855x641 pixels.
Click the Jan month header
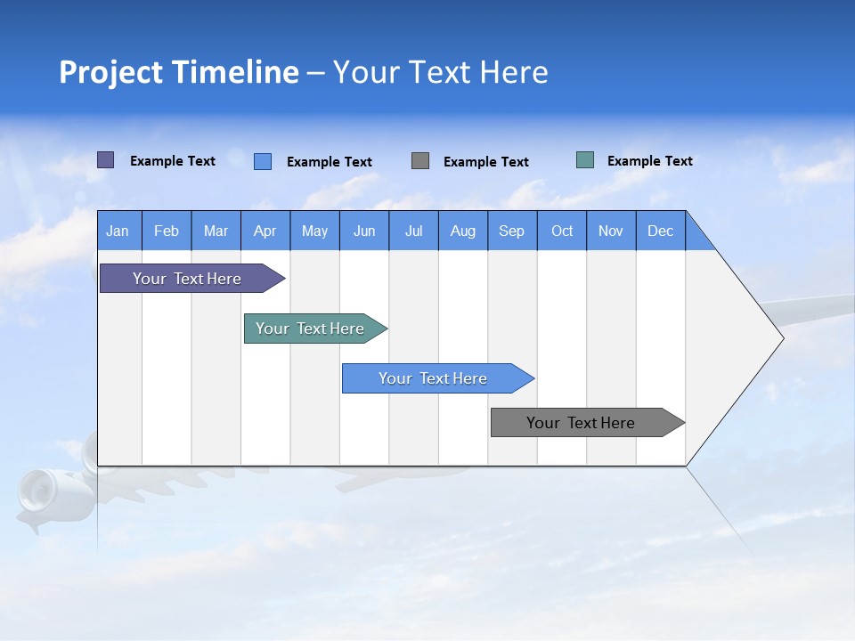point(118,231)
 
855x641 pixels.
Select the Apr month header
point(265,231)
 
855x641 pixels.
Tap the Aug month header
point(463,231)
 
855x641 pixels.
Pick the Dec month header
point(661,231)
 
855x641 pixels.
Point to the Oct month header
point(562,231)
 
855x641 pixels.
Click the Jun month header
point(364,231)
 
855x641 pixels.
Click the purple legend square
point(106,160)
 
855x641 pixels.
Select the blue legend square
point(263,161)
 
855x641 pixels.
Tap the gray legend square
point(420,161)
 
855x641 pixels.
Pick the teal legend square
point(585,160)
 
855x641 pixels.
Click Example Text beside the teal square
point(649,161)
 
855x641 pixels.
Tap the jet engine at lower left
point(40,491)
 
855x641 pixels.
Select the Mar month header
point(216,231)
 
